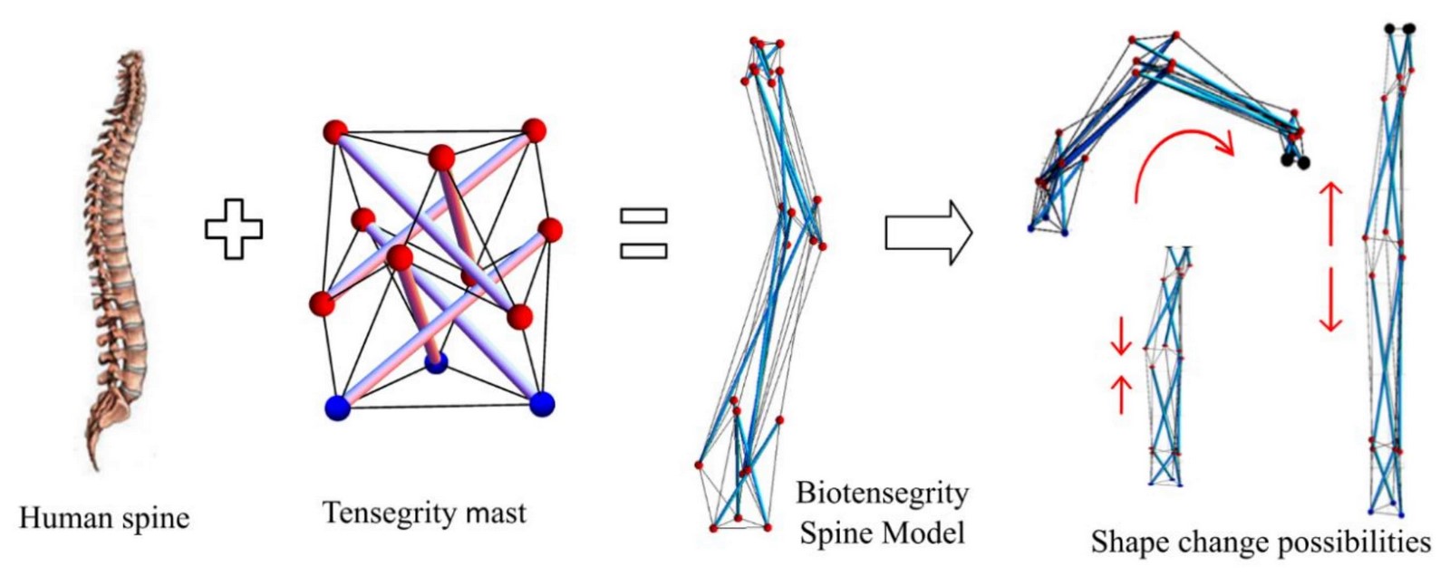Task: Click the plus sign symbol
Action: [234, 229]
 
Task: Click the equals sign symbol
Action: [643, 234]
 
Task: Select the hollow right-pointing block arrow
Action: [929, 233]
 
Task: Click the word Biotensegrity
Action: [883, 494]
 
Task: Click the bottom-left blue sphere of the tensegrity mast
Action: [337, 408]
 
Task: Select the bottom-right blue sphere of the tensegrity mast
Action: [542, 404]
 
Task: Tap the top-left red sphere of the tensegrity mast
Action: [335, 132]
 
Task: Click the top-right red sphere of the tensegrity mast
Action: [534, 130]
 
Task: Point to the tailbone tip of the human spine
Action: [96, 467]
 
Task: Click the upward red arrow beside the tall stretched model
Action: [1331, 215]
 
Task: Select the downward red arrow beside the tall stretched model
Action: [1331, 300]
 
